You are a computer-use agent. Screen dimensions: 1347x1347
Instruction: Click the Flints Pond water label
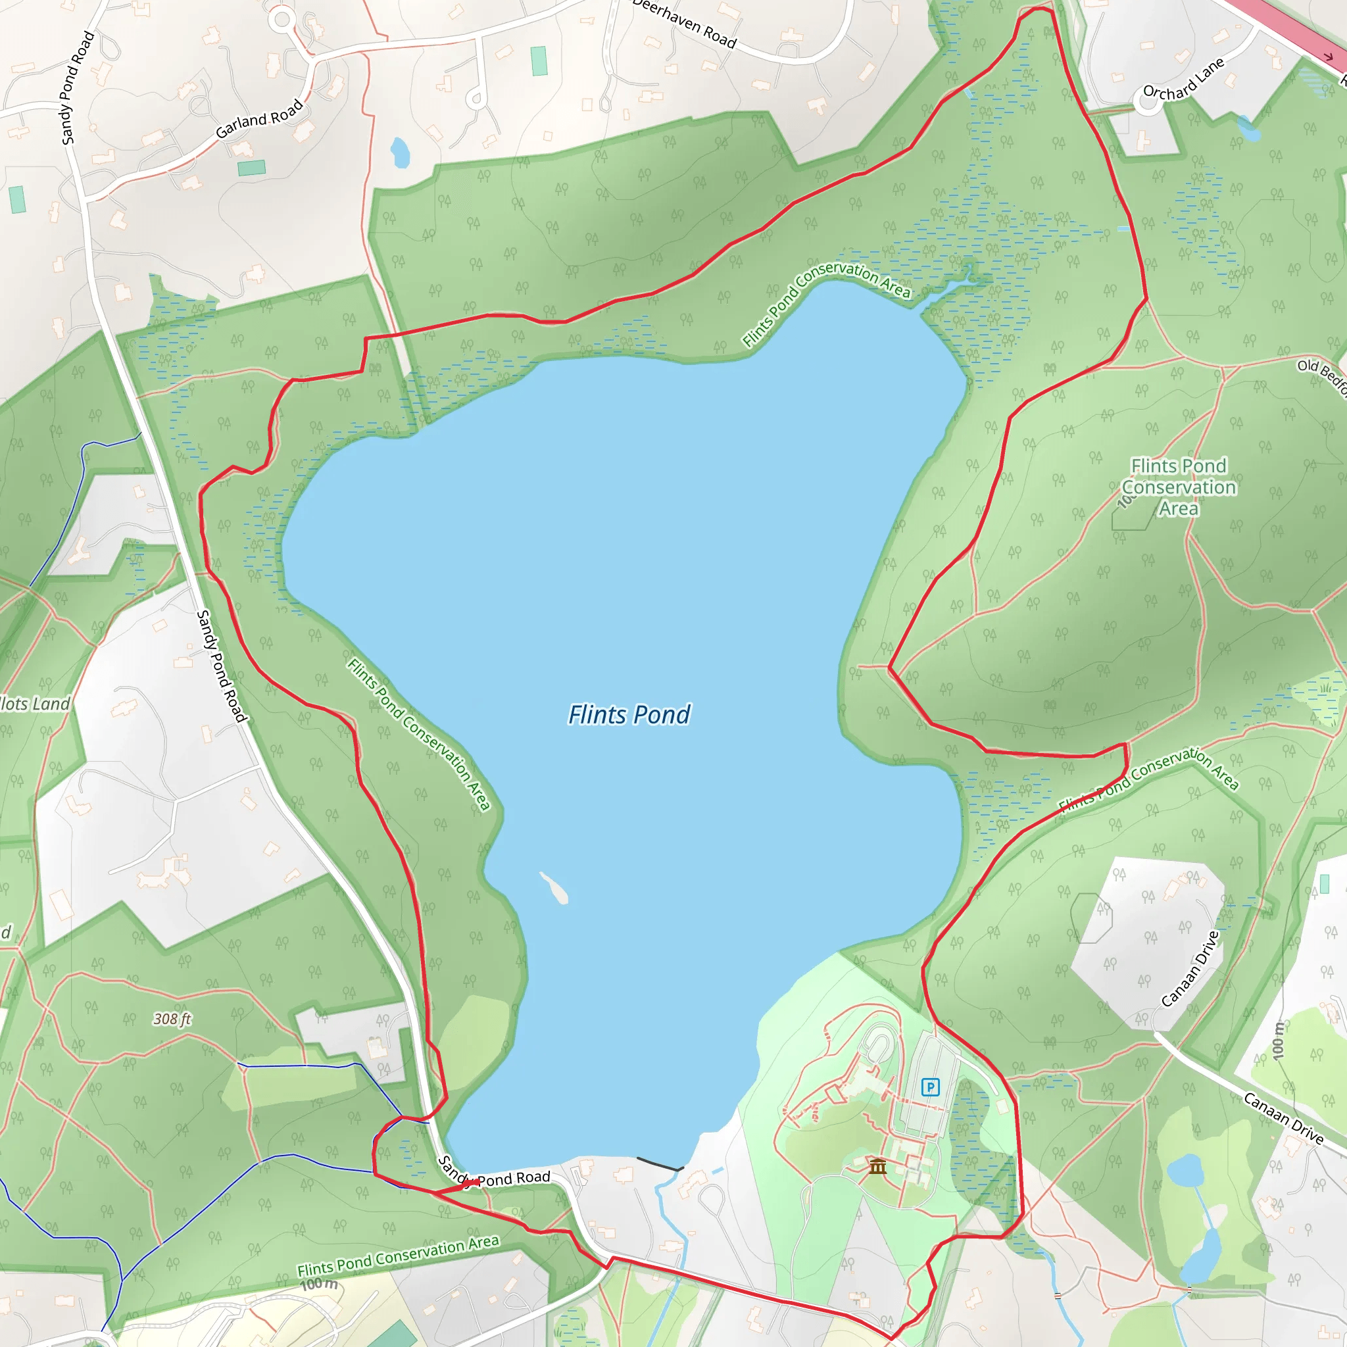click(x=629, y=715)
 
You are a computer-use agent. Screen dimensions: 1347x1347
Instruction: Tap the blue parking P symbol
click(x=930, y=1087)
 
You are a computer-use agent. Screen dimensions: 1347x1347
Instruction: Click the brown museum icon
click(x=878, y=1165)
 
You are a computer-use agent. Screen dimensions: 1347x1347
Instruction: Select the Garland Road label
click(x=259, y=119)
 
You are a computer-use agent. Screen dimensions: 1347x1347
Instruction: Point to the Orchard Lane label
click(x=1184, y=79)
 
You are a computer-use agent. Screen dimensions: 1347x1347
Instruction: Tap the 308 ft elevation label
click(x=172, y=1019)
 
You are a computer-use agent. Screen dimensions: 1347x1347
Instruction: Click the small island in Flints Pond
click(x=554, y=887)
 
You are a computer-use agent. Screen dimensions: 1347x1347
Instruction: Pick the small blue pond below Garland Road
click(x=400, y=153)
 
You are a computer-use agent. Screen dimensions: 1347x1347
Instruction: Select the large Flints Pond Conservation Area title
click(x=1178, y=487)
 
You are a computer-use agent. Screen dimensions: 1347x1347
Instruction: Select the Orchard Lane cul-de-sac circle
click(x=1147, y=102)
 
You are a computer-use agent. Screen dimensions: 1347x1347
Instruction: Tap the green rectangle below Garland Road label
click(x=252, y=168)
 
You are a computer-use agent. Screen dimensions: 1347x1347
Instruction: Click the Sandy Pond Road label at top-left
click(x=78, y=88)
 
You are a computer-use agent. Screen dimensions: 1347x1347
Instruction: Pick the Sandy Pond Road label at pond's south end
click(x=495, y=1176)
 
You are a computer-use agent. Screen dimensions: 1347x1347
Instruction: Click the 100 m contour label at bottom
click(x=319, y=1284)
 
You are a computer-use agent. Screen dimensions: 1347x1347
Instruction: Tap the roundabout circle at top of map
click(x=282, y=19)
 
